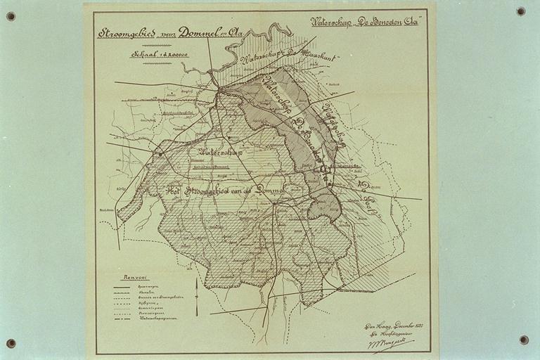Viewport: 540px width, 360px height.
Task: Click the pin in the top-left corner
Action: tap(11, 16)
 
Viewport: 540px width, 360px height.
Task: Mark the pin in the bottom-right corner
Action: tap(524, 340)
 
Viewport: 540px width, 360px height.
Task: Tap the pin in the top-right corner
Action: tap(520, 11)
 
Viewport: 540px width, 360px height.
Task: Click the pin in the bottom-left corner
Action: tap(11, 343)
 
